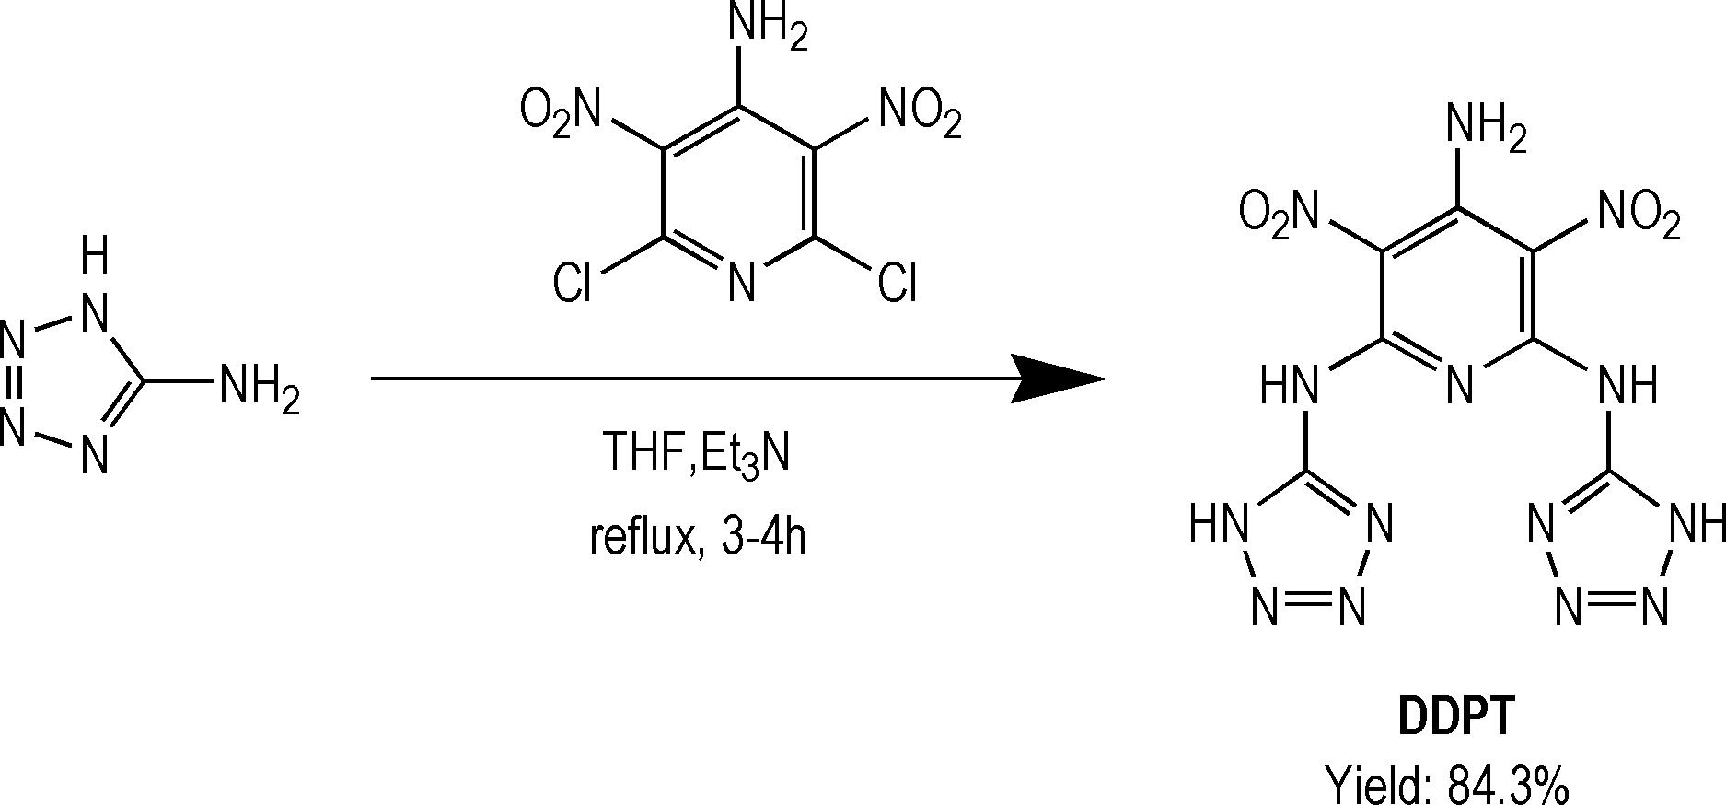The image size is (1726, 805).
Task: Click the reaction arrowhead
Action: (1059, 379)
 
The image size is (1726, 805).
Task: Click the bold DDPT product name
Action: (1454, 716)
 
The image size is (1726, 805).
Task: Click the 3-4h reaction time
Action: (764, 536)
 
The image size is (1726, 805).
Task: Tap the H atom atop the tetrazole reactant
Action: (94, 255)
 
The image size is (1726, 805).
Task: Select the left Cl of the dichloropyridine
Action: (572, 284)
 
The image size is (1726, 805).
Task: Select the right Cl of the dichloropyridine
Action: (897, 284)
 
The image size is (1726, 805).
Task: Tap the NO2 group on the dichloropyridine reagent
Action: (920, 112)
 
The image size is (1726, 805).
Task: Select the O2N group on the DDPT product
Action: (1278, 212)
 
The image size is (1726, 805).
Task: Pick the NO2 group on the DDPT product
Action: (1639, 214)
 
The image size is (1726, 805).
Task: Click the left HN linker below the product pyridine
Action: (1289, 384)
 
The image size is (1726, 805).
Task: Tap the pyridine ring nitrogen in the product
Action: (1460, 384)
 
